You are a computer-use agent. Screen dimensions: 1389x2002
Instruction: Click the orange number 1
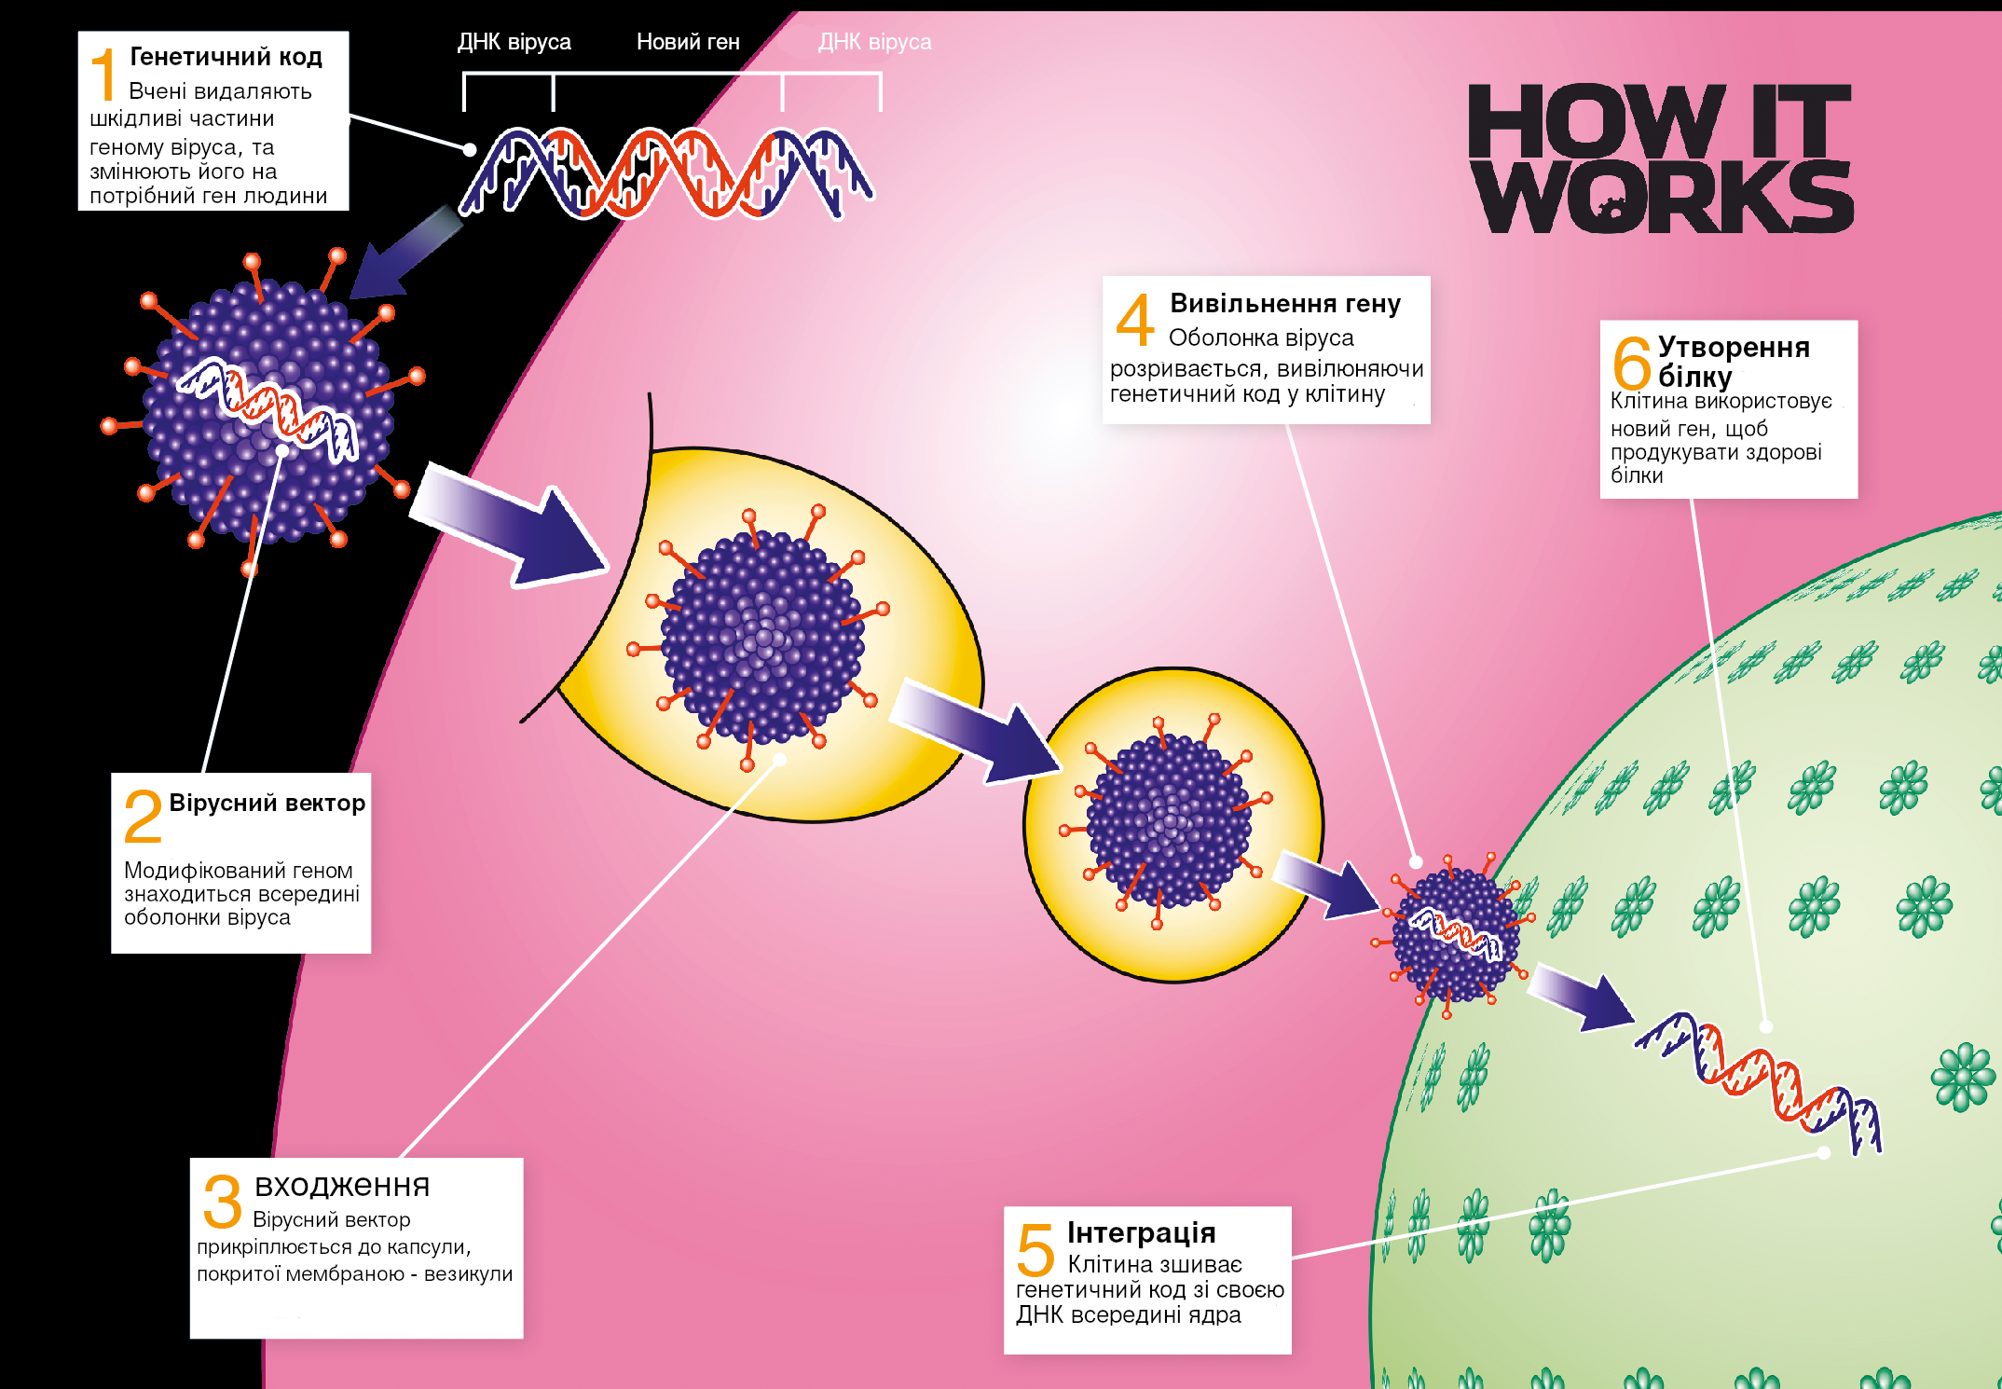105,75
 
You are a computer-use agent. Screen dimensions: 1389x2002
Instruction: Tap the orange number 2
143,816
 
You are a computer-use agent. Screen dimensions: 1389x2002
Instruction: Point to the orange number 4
1135,320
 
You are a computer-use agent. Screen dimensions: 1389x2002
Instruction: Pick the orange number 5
1035,1249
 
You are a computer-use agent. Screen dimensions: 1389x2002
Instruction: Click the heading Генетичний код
226,57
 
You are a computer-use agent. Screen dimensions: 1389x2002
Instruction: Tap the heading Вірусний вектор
267,803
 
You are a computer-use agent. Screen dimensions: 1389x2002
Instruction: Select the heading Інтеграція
1141,1232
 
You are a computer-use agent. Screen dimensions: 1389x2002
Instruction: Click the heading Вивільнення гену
1284,304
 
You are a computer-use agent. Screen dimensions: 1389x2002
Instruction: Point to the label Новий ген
688,42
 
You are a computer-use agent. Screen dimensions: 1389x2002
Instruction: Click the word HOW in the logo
1596,121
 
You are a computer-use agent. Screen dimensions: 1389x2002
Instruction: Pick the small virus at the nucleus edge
1454,935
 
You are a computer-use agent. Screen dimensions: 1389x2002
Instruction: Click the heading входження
342,1185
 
